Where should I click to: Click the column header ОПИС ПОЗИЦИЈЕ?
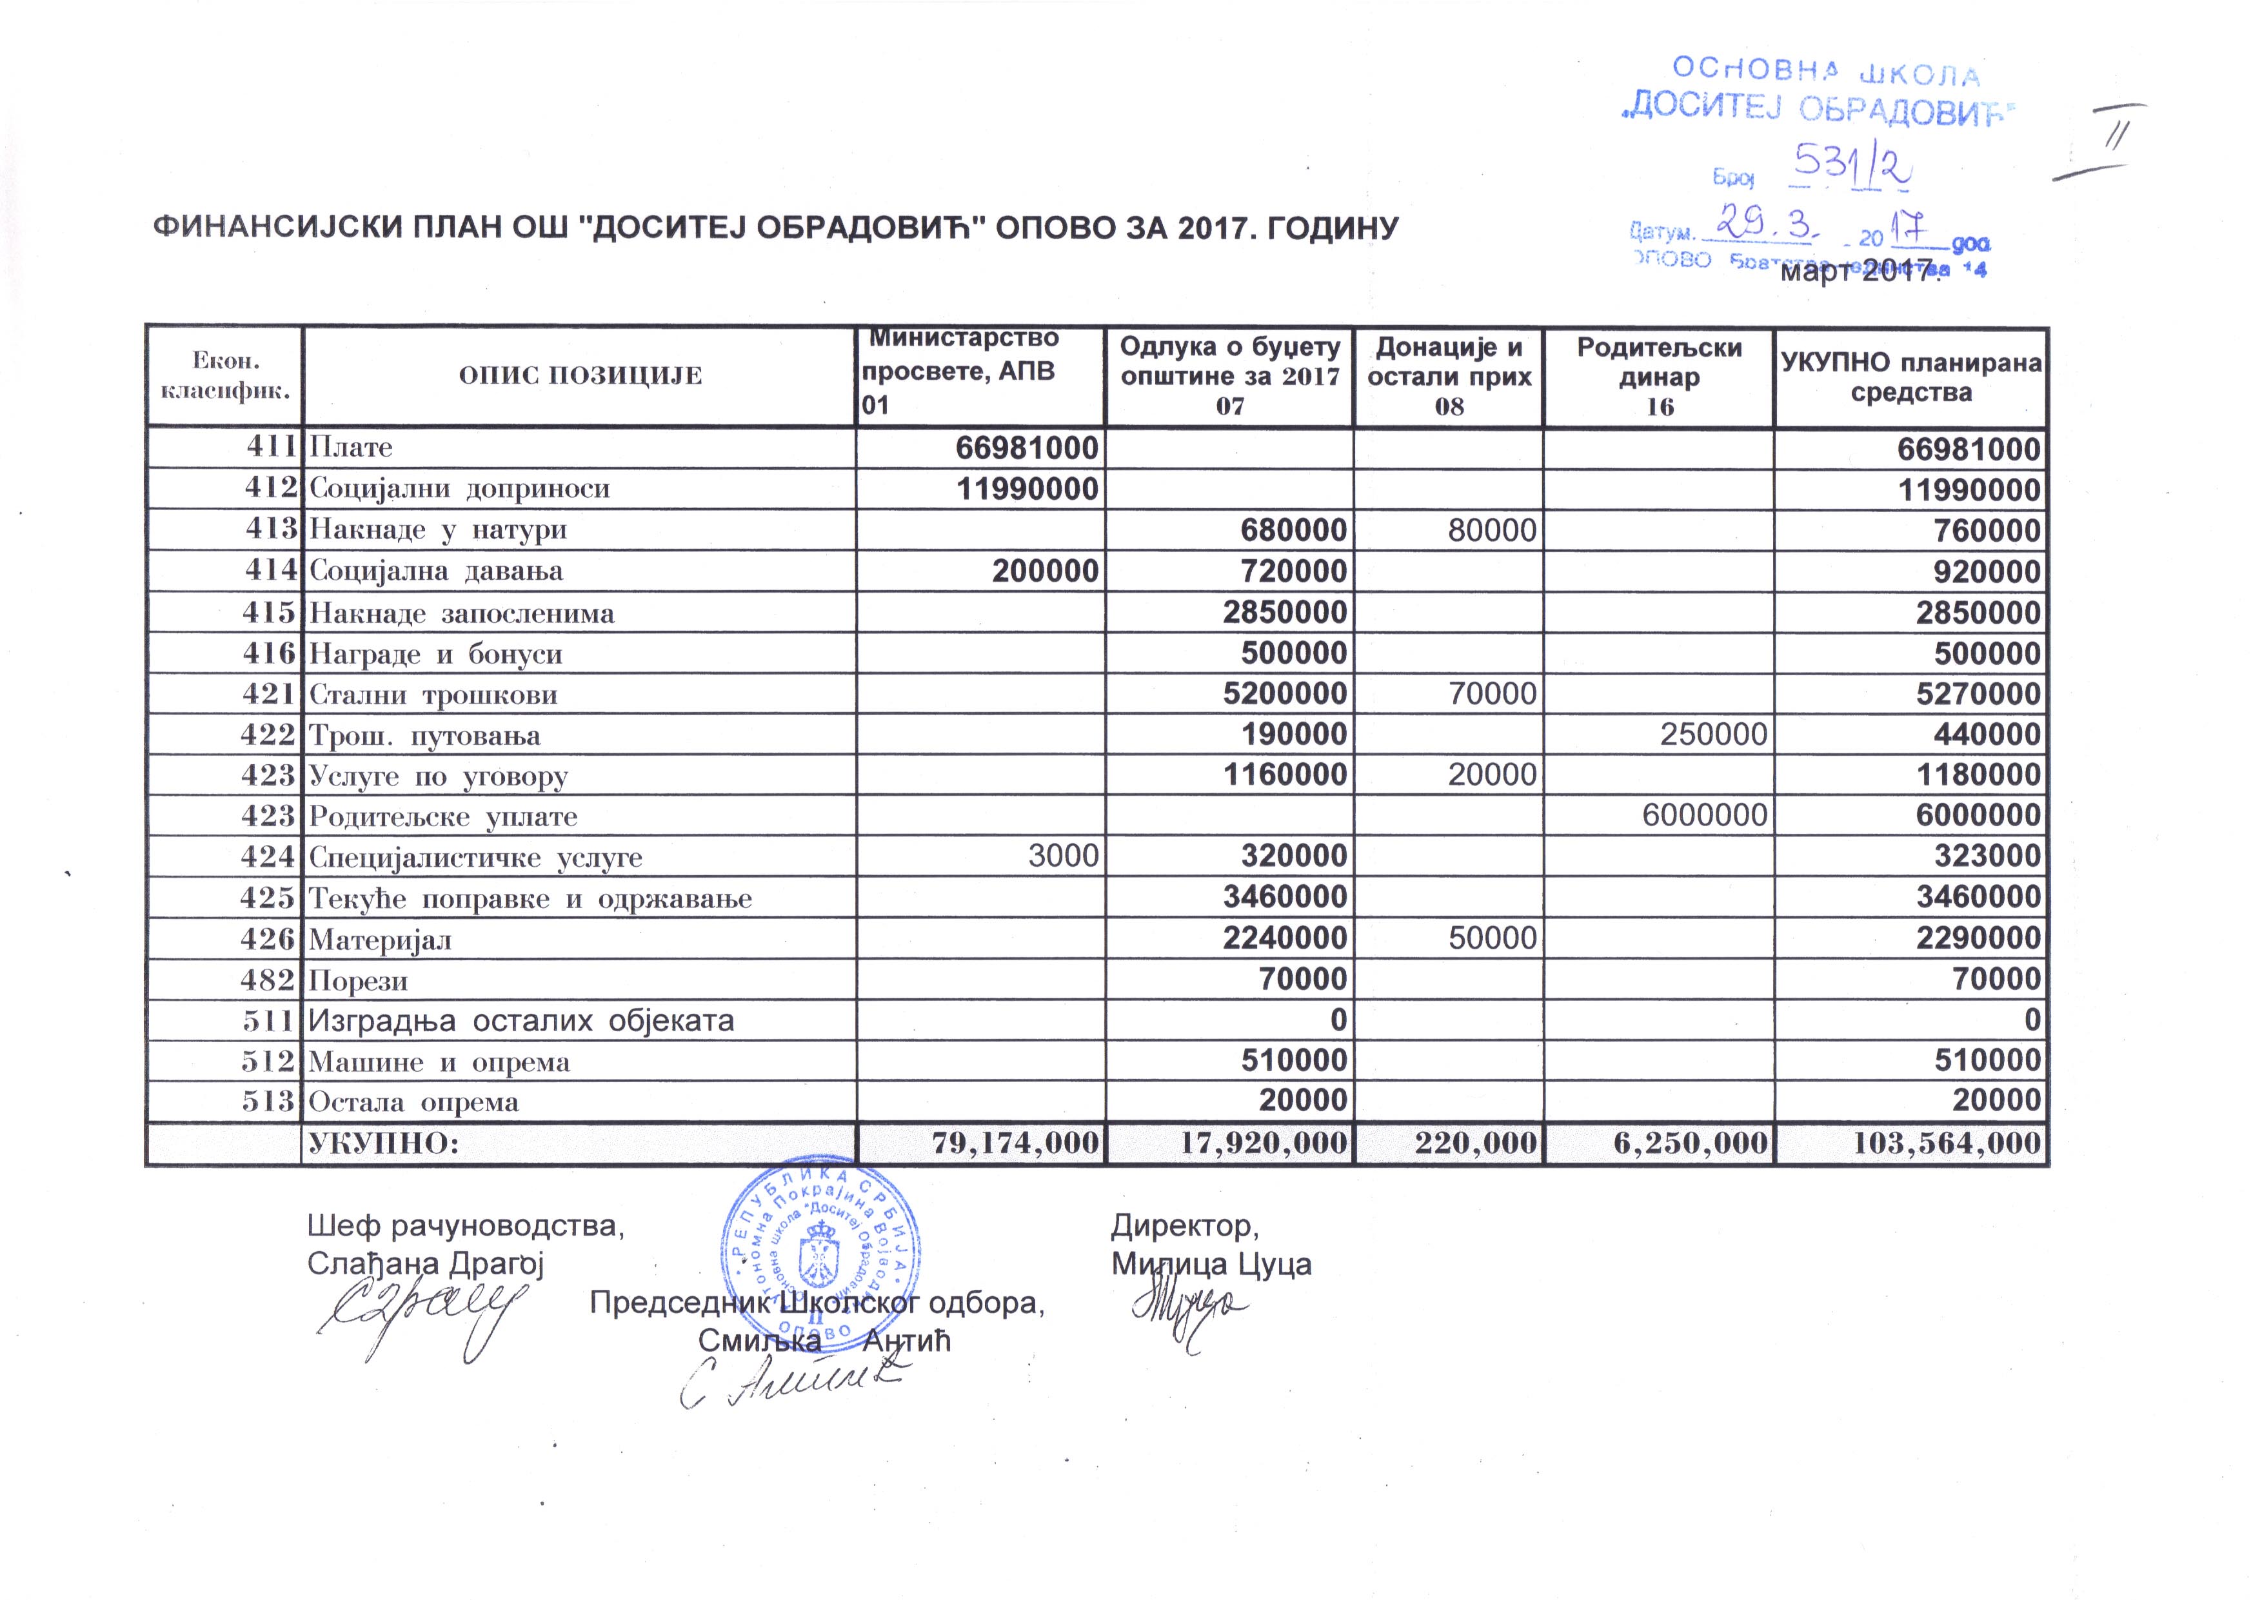coord(580,375)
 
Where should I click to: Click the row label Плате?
coord(351,448)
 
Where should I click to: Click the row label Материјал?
coord(381,940)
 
